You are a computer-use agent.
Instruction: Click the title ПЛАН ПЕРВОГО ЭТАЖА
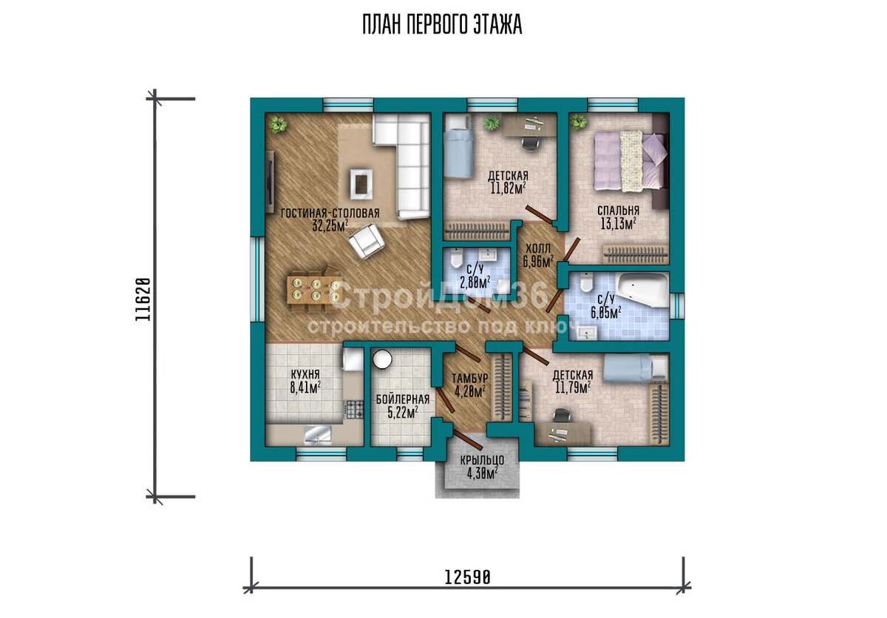click(x=442, y=25)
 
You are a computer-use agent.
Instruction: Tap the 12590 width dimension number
click(x=468, y=577)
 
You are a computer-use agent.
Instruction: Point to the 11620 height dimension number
click(x=143, y=299)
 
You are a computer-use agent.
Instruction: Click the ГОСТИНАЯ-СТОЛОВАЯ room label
click(x=330, y=214)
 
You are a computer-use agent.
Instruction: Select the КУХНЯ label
click(x=305, y=374)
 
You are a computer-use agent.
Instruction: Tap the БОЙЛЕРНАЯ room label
click(x=403, y=399)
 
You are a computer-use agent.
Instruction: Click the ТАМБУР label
click(x=469, y=378)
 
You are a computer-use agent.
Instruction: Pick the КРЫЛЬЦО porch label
click(x=482, y=461)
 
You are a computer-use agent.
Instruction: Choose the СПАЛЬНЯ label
click(x=618, y=211)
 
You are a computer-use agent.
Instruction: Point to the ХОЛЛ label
click(x=538, y=249)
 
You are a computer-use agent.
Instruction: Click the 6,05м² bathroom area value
click(x=606, y=313)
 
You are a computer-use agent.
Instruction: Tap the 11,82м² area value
click(x=508, y=188)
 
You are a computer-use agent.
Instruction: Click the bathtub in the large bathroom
click(x=642, y=288)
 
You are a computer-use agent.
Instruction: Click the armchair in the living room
click(x=367, y=240)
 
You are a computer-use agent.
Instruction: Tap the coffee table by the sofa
click(x=361, y=184)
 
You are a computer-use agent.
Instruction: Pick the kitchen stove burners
click(x=355, y=410)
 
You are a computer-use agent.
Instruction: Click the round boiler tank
click(x=383, y=359)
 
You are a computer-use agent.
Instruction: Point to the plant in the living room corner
click(x=278, y=125)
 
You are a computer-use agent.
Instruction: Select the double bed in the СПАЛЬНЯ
click(x=629, y=161)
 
